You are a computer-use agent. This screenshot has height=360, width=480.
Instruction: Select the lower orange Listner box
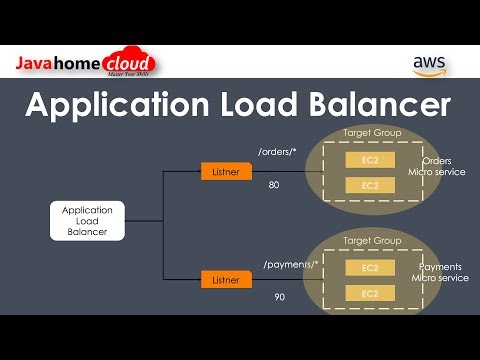[x=224, y=280]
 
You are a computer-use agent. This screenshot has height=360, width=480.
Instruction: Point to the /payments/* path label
[x=291, y=264]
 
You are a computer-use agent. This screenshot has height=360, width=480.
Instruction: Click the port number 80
[x=274, y=185]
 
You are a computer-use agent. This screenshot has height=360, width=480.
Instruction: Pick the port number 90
[x=279, y=298]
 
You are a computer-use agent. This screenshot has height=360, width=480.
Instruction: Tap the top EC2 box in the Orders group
[x=370, y=160]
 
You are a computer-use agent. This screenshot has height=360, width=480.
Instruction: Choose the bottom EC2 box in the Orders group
[x=370, y=186]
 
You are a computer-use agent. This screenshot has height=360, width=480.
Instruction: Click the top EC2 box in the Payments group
[x=370, y=268]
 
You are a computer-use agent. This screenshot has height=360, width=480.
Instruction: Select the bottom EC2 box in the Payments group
[x=370, y=293]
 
